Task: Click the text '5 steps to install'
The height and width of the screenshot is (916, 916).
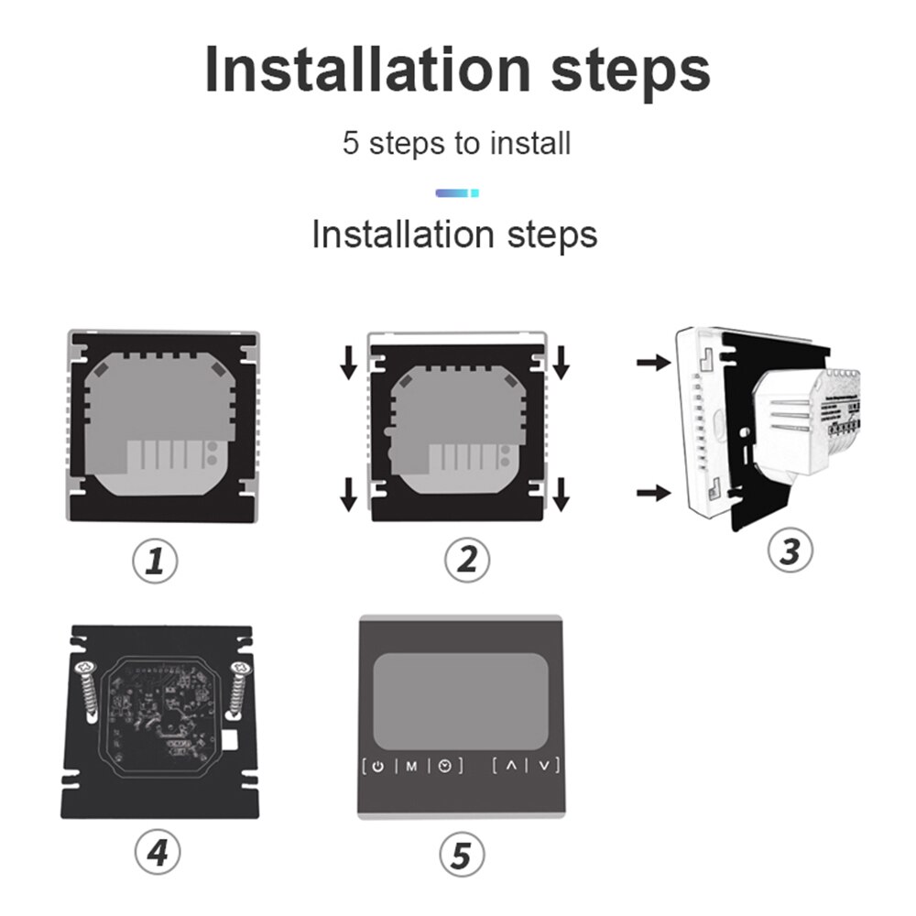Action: coord(456,144)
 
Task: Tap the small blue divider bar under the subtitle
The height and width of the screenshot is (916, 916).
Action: coord(456,192)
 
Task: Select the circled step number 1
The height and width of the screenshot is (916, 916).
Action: coord(156,561)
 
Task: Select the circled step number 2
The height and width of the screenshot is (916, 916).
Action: coord(467,560)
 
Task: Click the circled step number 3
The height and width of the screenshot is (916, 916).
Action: coord(790,551)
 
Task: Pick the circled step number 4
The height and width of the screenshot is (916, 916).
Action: coord(158,853)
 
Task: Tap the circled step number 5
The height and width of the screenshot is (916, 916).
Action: coord(462,855)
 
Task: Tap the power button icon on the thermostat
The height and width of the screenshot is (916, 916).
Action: coord(379,765)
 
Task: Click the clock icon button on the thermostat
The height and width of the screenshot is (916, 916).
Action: coord(444,765)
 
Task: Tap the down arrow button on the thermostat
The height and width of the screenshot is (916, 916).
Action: coord(544,765)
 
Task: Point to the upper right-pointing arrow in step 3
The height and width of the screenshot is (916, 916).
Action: coord(653,363)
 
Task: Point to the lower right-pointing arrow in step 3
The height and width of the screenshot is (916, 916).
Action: coord(653,494)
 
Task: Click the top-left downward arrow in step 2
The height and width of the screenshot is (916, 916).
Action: coord(349,365)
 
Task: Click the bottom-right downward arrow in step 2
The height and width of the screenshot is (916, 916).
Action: coord(562,495)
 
